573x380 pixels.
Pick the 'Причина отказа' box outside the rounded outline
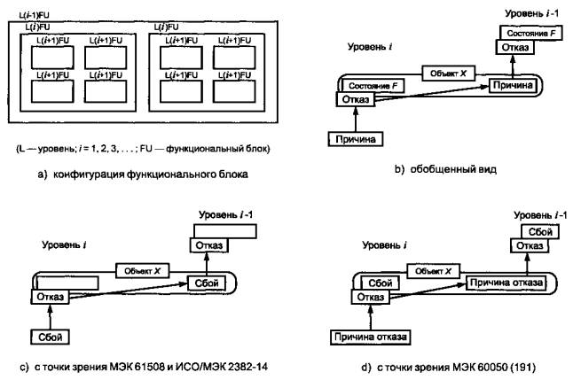coord(369,337)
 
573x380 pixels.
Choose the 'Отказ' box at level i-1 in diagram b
coord(514,46)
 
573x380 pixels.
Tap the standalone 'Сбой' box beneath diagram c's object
coord(49,337)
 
